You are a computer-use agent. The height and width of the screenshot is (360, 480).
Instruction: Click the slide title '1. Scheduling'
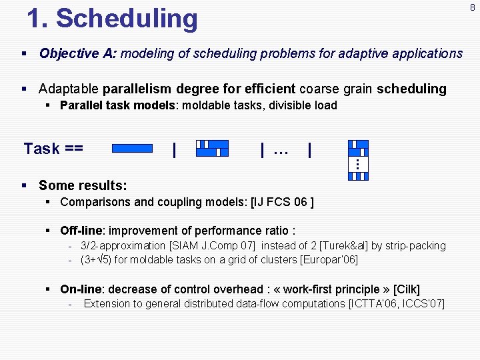click(112, 19)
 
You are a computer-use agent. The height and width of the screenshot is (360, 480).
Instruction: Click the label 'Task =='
click(53, 149)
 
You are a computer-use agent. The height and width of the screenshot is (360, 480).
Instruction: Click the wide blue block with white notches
click(212, 149)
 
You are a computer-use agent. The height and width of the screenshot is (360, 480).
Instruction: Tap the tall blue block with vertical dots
click(358, 160)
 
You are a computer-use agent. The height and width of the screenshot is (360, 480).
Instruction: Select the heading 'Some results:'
click(83, 185)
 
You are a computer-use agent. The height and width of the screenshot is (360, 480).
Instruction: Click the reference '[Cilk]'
click(407, 289)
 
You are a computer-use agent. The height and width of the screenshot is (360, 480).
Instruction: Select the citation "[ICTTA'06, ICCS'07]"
click(396, 304)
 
